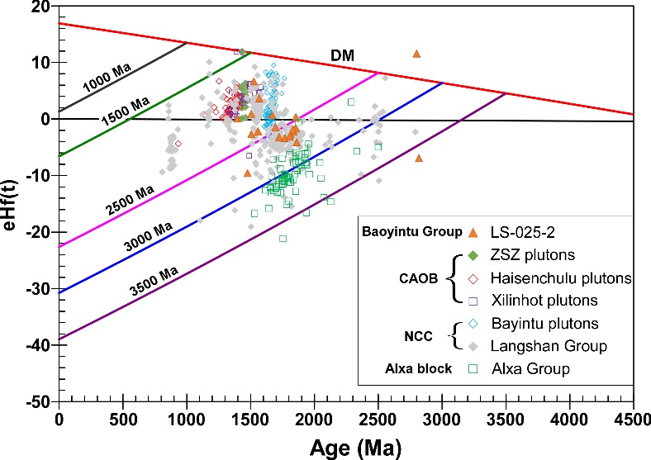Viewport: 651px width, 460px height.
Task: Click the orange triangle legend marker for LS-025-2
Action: point(474,232)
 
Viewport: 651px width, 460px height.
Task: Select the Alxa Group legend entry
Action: point(531,369)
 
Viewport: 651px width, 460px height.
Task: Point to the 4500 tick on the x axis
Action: point(633,420)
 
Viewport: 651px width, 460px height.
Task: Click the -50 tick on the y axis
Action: point(38,402)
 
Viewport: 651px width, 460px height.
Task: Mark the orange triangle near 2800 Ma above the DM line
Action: point(416,54)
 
